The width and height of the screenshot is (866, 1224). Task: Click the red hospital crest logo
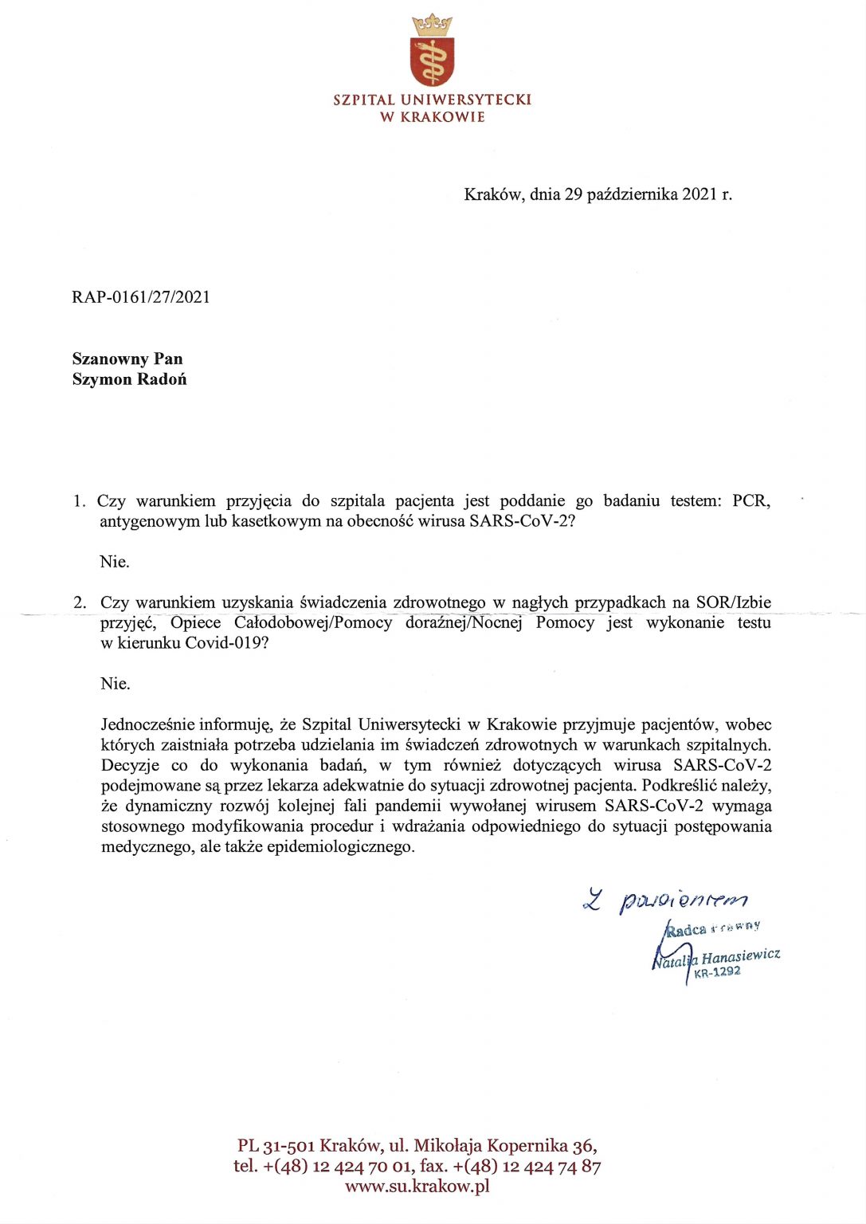pyautogui.click(x=432, y=61)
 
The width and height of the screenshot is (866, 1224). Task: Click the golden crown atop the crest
pyautogui.click(x=432, y=24)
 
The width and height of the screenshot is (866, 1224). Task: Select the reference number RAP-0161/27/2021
pyautogui.click(x=141, y=297)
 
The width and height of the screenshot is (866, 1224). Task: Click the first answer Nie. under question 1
pyautogui.click(x=114, y=562)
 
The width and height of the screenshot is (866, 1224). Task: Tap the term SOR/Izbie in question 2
pyautogui.click(x=733, y=602)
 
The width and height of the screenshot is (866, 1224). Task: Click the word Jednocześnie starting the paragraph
pyautogui.click(x=148, y=724)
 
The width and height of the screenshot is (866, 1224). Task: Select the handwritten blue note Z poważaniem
pyautogui.click(x=666, y=900)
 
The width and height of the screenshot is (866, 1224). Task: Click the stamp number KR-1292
pyautogui.click(x=717, y=972)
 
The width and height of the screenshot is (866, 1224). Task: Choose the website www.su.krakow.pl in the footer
pyautogui.click(x=417, y=1186)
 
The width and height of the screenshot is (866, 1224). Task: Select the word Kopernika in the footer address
pyautogui.click(x=529, y=1146)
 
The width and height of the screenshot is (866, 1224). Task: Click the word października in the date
pyautogui.click(x=632, y=194)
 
